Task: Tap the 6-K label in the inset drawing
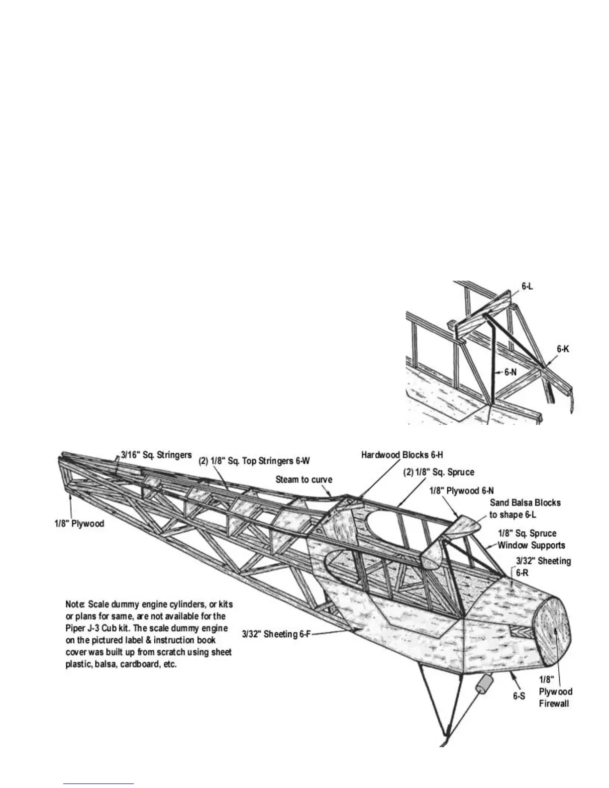(x=563, y=349)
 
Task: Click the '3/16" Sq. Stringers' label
(x=156, y=455)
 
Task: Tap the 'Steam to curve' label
(x=304, y=480)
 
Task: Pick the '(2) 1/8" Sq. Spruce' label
(x=438, y=472)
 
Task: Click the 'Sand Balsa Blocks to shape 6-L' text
(x=525, y=508)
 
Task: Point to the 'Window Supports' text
(x=531, y=545)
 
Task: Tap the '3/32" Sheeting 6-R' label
(x=543, y=566)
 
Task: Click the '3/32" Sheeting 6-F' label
(x=276, y=634)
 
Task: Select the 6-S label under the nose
(x=519, y=696)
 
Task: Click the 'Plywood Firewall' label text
(x=555, y=697)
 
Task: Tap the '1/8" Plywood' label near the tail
(x=79, y=524)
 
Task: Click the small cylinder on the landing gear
(x=483, y=686)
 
